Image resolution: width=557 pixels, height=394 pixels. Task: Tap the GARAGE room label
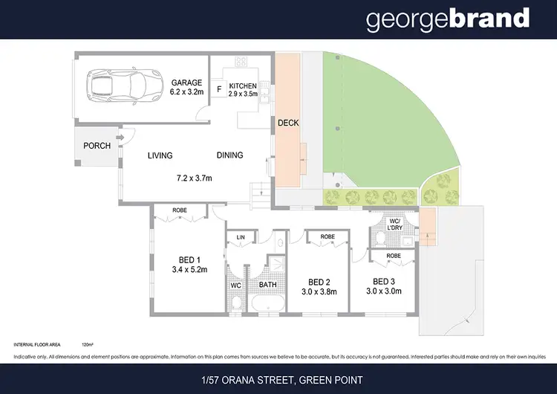point(186,83)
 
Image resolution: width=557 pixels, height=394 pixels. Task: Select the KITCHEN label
point(243,85)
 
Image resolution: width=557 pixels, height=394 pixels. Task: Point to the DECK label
point(287,123)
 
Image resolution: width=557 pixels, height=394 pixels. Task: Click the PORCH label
point(97,146)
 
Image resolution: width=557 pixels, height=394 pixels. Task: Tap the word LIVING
point(160,155)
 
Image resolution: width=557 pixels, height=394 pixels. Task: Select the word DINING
point(229,155)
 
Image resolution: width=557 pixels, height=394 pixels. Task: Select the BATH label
point(267,284)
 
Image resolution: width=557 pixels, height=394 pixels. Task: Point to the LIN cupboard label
point(241,237)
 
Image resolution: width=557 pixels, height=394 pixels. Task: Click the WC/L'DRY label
point(395,225)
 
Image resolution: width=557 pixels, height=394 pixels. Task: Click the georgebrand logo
point(448,19)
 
